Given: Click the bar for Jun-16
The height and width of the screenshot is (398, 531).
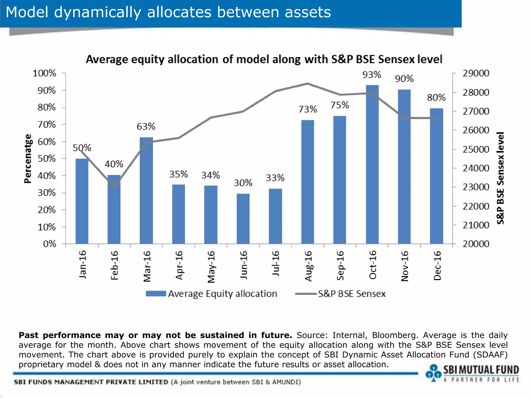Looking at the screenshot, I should pos(243,219).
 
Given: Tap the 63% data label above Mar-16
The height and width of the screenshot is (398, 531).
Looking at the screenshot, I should pos(146,126).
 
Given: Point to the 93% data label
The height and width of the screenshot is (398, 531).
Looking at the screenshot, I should pos(371,75).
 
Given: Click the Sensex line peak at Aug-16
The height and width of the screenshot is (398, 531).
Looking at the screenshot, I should pos(308,84).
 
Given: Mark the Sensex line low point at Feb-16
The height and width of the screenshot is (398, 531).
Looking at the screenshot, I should pos(114,187).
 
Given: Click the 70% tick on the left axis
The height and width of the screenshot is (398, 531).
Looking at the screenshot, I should pos(47,125).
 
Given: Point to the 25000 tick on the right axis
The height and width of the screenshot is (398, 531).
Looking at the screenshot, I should pos(476,149).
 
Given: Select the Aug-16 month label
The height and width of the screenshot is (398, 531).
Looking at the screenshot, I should pos(308,266).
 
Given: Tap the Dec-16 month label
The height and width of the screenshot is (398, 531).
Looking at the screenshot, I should pos(437,266).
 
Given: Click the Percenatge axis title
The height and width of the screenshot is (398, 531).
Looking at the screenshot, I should pos(28,159).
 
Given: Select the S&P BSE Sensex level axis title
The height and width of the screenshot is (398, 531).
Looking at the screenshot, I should pos(500,178).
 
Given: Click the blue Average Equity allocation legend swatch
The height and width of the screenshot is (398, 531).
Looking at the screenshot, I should pos(156,294).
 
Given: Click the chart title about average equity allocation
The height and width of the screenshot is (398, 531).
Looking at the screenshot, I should pos(264,59).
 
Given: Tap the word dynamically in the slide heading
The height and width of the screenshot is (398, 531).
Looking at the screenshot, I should pos(97,12).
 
